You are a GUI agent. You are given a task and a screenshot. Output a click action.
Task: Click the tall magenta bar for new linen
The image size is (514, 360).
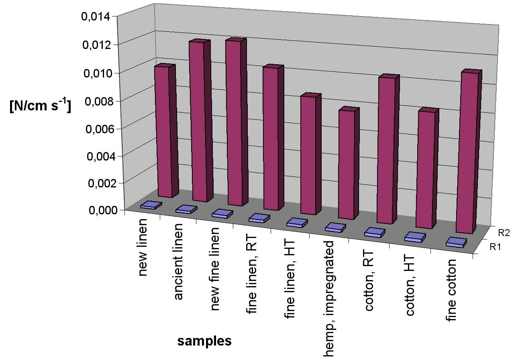coord(162,130)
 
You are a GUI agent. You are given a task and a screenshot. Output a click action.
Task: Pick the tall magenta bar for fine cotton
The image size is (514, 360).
coord(464,153)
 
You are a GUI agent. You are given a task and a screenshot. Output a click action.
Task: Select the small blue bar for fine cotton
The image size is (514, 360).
coord(457,243)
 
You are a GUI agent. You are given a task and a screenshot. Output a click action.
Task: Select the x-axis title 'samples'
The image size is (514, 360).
coord(205,341)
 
